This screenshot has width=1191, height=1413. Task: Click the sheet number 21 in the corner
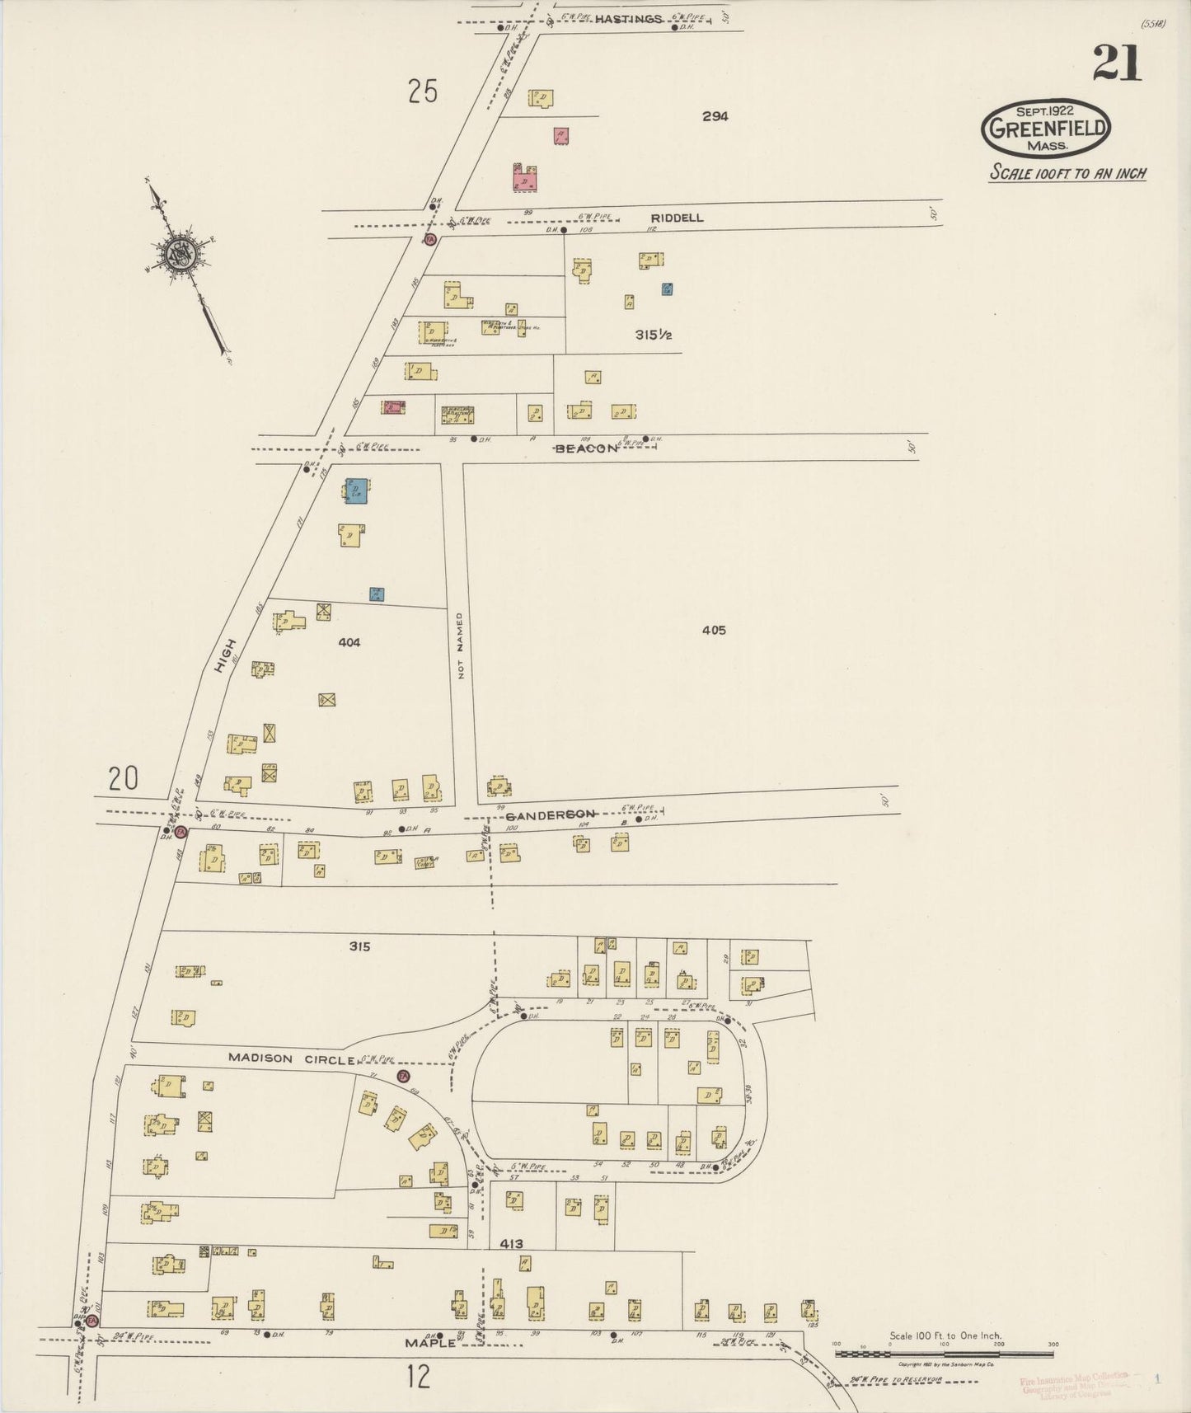[1117, 63]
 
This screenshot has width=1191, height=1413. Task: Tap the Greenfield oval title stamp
[1046, 129]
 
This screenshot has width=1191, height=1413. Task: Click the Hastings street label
[628, 19]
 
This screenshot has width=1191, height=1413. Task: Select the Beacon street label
[586, 448]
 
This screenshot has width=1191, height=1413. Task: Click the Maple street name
[430, 1343]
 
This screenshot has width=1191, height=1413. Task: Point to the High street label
[225, 656]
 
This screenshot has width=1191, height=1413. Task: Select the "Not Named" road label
[460, 645]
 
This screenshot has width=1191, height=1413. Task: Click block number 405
[714, 630]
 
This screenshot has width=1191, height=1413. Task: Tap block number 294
[715, 117]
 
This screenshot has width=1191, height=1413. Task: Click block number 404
[349, 641]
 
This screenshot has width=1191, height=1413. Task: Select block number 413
[511, 1243]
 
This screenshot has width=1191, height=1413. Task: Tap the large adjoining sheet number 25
[422, 91]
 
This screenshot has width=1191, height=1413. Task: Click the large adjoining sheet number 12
[419, 1376]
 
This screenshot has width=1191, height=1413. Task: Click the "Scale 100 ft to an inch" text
[1067, 174]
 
